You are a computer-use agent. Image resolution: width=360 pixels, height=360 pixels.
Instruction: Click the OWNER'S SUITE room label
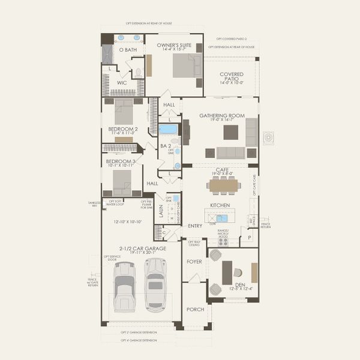[x=173, y=45]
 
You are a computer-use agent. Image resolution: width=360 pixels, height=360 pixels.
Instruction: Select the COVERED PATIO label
[x=231, y=77]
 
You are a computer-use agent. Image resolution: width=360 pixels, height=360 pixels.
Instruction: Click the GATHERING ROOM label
[x=222, y=115]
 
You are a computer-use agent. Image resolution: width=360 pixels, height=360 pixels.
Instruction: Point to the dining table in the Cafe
[x=223, y=185]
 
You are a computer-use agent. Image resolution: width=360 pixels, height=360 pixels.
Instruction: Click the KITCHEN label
[x=220, y=205]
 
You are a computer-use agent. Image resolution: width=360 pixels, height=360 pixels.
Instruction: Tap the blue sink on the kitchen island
[x=221, y=218]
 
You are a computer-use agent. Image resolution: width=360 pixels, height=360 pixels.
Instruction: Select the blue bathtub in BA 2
[x=169, y=129]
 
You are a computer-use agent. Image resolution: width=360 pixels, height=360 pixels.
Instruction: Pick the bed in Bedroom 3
[x=122, y=181]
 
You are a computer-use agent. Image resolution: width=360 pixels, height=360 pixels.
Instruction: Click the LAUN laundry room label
[x=161, y=211]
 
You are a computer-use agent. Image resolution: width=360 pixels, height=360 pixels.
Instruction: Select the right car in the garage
[x=155, y=284]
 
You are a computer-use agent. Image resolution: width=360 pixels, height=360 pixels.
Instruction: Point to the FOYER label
[x=194, y=261]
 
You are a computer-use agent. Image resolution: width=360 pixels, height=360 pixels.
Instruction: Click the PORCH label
[x=194, y=309]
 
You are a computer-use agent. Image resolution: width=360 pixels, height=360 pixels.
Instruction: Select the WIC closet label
[x=122, y=83]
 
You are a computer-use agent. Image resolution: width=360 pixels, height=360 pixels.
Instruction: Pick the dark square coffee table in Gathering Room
[x=230, y=131]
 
